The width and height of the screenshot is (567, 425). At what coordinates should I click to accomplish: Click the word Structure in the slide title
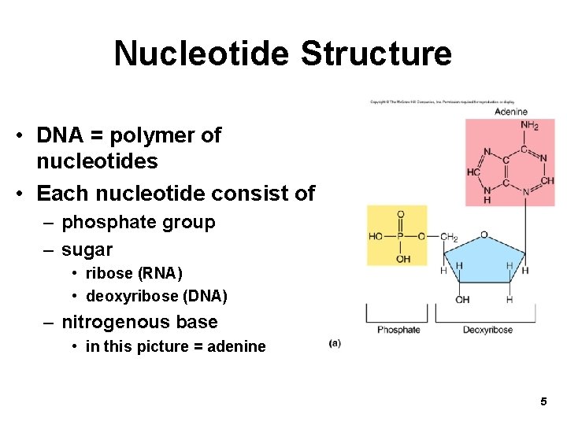click(376, 54)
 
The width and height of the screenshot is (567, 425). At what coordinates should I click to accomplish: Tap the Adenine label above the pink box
click(510, 112)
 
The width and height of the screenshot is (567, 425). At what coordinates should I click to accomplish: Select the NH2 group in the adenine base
click(529, 125)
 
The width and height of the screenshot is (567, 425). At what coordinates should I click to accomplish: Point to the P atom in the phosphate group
click(400, 237)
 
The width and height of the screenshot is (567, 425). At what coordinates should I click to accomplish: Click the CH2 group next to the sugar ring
click(449, 237)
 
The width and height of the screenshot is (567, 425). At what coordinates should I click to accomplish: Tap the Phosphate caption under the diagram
click(398, 329)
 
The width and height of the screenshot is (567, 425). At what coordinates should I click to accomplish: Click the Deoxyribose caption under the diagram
click(487, 329)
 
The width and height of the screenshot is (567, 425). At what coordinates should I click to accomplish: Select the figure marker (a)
click(335, 342)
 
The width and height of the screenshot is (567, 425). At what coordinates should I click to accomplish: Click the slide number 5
click(543, 402)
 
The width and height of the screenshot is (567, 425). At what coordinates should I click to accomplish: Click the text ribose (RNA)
click(134, 273)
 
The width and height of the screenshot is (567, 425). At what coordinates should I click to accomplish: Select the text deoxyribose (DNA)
click(156, 297)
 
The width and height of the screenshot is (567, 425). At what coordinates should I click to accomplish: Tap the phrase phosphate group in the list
click(138, 222)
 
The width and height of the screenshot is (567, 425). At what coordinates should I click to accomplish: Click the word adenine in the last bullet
click(236, 346)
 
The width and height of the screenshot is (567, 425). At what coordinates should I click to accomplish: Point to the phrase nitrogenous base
click(139, 322)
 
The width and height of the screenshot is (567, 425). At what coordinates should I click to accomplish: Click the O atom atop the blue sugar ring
click(484, 234)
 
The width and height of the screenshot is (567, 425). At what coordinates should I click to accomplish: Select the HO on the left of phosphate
click(376, 237)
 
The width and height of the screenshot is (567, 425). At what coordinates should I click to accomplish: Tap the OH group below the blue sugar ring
click(462, 299)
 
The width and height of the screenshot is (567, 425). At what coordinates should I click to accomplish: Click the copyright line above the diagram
click(442, 102)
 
